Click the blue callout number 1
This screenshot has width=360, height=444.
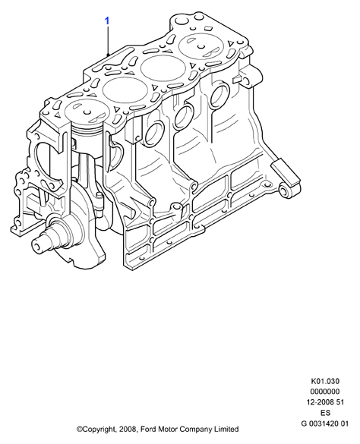[107, 21]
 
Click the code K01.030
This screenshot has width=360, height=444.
[325, 381]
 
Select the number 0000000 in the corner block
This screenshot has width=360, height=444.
[325, 392]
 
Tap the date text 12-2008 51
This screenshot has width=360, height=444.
[325, 402]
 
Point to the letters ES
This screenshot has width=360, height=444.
[325, 413]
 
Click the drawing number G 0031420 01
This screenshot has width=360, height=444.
[325, 424]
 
